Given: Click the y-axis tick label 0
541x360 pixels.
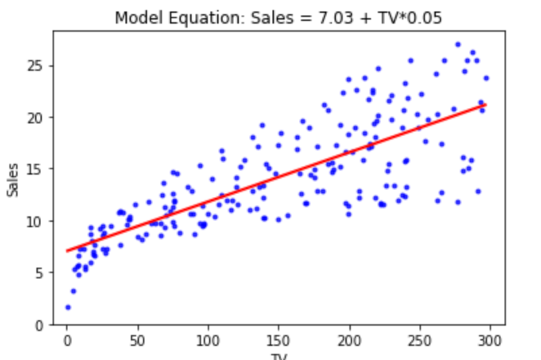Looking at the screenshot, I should click(x=40, y=325).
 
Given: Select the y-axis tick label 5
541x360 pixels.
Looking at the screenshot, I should click(x=40, y=273).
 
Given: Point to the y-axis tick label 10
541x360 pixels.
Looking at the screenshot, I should click(x=36, y=221).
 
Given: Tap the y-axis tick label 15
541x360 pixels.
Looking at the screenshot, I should click(x=36, y=169).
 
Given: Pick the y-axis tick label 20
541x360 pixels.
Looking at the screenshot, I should click(x=36, y=117).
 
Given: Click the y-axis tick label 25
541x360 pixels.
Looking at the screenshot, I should click(x=36, y=66).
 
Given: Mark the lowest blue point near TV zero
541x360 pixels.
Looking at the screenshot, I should click(x=68, y=307).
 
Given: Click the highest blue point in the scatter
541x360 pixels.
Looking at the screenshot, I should click(x=457, y=44).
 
